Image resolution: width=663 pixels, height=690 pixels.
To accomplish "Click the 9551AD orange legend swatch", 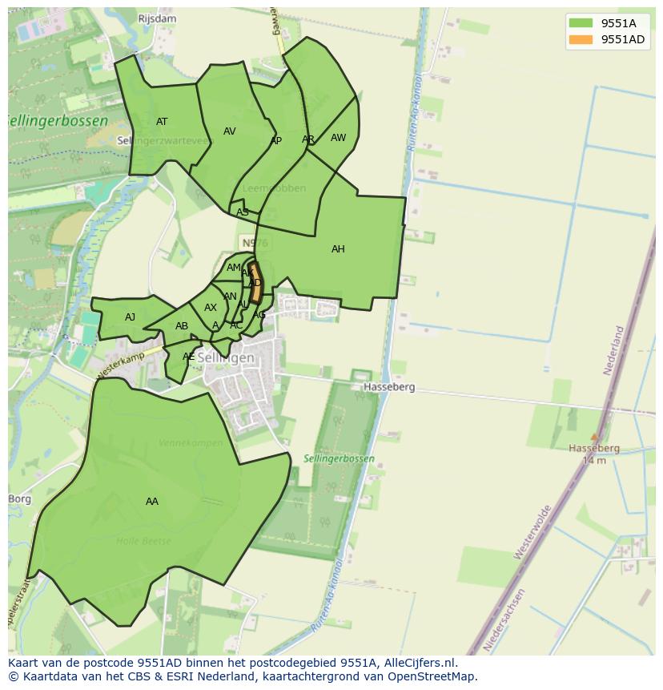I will coord(581,40).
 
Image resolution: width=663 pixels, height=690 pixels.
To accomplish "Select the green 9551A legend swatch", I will coord(581,22).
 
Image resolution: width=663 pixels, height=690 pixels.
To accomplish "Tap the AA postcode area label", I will coord(152,502).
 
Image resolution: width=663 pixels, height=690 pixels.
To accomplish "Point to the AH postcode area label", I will coord(338,249).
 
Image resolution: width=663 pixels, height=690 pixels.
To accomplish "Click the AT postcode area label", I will coord(162,122).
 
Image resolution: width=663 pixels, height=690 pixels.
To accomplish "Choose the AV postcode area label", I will coord(230,131).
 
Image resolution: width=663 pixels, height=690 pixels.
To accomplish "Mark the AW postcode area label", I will coord(338,138).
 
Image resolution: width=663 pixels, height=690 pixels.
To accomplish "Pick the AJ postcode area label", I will coord(130,317).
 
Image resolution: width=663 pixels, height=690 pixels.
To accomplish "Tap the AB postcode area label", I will coord(182,326).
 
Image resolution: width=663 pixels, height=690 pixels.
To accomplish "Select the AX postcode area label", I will coord(211,308).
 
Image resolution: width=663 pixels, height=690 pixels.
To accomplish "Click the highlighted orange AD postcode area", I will coord(255,283).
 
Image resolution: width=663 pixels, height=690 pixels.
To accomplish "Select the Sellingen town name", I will coord(226,357).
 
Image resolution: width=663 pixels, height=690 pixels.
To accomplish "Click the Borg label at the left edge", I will coord(19,498).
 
